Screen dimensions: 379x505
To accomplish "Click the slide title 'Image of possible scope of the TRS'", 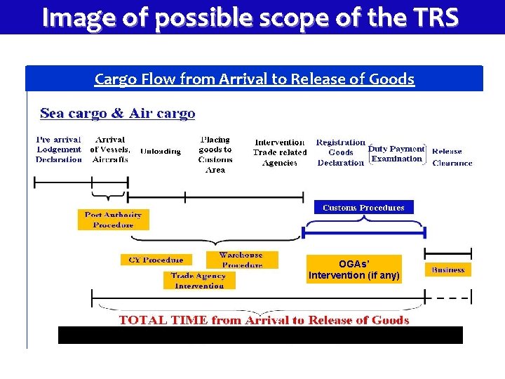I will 250,17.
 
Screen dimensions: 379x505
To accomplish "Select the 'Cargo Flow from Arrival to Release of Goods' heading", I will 254,79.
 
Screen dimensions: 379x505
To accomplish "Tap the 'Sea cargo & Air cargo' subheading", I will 118,113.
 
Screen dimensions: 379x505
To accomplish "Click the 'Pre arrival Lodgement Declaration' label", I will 59,149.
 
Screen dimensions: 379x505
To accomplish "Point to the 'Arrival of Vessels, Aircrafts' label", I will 110,149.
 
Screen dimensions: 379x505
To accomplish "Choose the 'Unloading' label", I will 161,151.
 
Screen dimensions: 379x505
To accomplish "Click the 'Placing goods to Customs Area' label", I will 215,154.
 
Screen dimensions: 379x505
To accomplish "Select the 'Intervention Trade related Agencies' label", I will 279,152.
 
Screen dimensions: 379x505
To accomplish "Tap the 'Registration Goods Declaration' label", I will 341,152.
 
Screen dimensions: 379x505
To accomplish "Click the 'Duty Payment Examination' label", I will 397,154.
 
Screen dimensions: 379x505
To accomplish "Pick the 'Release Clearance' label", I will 452,157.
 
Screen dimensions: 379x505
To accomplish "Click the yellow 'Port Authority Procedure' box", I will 113,220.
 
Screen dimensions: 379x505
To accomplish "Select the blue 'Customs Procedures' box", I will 363,208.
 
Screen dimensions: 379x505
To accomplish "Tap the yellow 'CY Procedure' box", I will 156,260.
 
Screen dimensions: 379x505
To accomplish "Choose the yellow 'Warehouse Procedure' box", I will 241,260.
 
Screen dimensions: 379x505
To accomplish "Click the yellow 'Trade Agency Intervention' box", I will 199,281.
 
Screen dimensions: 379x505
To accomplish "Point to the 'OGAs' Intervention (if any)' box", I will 354,270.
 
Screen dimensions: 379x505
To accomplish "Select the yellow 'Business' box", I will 448,270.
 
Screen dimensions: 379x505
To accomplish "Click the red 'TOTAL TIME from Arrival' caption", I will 264,320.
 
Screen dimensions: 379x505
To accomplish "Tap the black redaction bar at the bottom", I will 260,335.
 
